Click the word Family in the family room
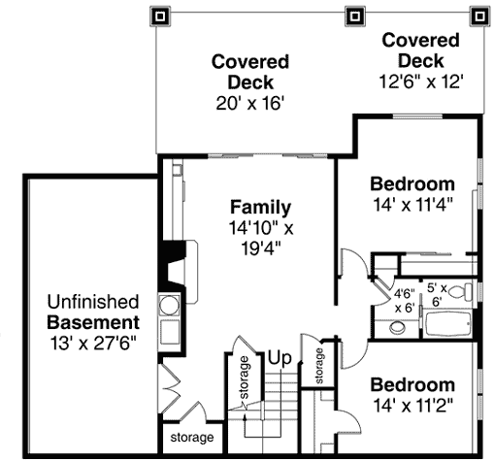pos(260,208)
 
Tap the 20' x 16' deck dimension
pos(249,104)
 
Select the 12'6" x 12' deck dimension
pos(421,82)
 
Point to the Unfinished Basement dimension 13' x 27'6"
pos(93,344)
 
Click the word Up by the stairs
pos(280,358)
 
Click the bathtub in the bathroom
pos(448,324)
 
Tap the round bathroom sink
pos(398,328)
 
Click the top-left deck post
pos(160,16)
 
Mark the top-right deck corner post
pos(479,16)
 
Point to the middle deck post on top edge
pos(355,16)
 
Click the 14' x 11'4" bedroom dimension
pos(412,205)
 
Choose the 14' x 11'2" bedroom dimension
pos(412,406)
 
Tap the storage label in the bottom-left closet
pos(192,438)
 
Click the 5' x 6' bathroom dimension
pos(437,295)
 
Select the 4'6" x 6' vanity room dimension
pos(405,301)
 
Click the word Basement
pos(93,322)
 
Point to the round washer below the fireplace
pos(169,305)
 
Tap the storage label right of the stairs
pos(319,366)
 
